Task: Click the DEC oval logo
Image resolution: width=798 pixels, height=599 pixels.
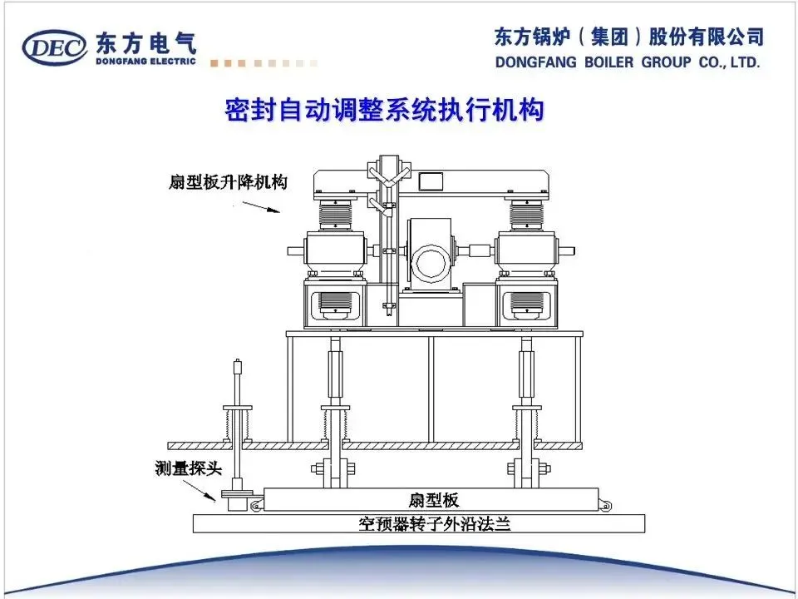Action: [55, 48]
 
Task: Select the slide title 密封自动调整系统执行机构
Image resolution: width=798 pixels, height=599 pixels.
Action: [385, 111]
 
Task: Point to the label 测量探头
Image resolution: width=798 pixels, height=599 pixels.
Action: [189, 468]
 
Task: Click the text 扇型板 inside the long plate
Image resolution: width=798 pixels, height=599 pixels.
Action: [433, 500]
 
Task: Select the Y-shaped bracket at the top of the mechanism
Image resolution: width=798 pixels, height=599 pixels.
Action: [389, 177]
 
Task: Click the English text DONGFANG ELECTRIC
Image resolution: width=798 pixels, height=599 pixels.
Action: [145, 61]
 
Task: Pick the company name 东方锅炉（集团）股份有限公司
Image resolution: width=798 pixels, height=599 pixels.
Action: [628, 37]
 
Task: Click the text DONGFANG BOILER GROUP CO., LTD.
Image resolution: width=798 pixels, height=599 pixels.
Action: [628, 62]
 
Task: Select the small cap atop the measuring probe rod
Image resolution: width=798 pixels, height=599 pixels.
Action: [238, 364]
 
